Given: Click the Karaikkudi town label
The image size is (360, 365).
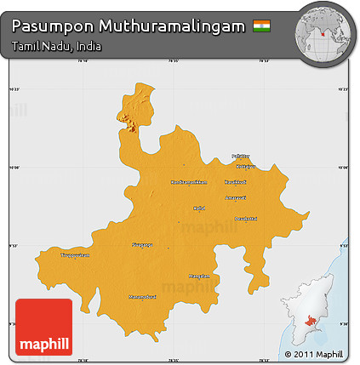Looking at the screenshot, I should click(236, 182).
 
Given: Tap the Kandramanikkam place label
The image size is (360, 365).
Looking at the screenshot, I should click(188, 182).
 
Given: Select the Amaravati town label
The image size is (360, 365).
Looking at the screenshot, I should click(235, 197).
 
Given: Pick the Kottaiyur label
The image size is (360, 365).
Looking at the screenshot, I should click(245, 167).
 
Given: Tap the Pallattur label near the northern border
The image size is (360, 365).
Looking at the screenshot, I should click(242, 157).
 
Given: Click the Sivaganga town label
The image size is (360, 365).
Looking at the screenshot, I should click(142, 244).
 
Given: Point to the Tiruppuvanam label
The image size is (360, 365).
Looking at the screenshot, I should click(74, 254).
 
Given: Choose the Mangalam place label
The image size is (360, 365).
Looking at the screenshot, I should click(199, 276).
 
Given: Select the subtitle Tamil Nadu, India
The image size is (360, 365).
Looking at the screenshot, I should click(57, 46).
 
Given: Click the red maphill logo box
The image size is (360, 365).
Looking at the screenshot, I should click(44, 328).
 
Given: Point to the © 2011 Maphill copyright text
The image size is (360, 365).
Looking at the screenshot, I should click(313, 354).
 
